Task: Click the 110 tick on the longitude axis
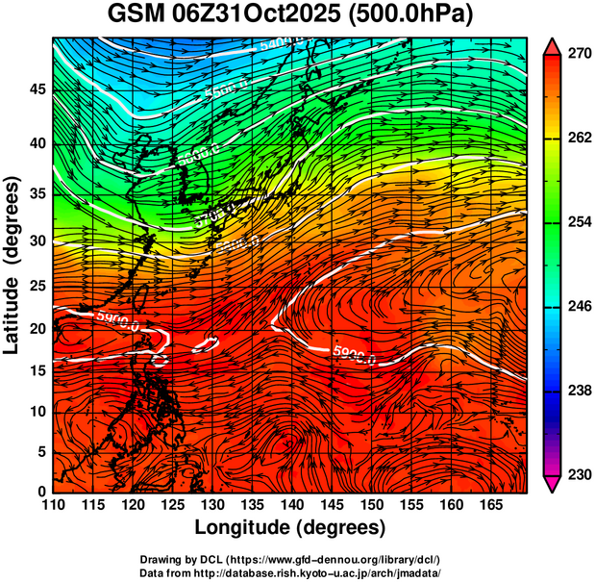coord(54,506)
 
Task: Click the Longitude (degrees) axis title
coord(290,527)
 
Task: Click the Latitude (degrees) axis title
coord(12,265)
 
